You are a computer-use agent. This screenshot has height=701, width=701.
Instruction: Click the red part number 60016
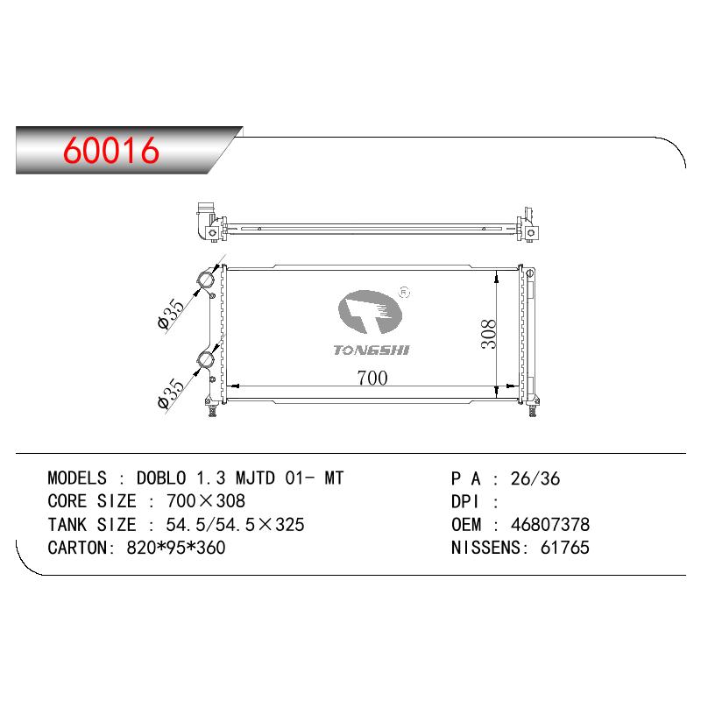[x=111, y=150]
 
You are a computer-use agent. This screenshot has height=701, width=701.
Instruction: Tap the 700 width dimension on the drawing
[x=372, y=379]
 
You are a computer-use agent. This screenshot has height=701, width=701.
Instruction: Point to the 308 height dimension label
[x=488, y=334]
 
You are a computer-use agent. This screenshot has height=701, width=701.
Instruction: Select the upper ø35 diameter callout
[x=171, y=314]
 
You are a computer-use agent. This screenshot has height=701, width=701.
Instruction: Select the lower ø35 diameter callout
[x=171, y=393]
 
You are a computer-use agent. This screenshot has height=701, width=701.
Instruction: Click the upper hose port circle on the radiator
[x=206, y=280]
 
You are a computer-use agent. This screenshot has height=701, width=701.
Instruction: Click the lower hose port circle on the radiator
[x=206, y=360]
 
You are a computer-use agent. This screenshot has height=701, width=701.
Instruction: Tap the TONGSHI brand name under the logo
[x=371, y=350]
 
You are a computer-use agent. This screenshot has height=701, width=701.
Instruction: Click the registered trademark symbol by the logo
[x=404, y=293]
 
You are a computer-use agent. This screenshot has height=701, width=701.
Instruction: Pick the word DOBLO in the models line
[x=161, y=478]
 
